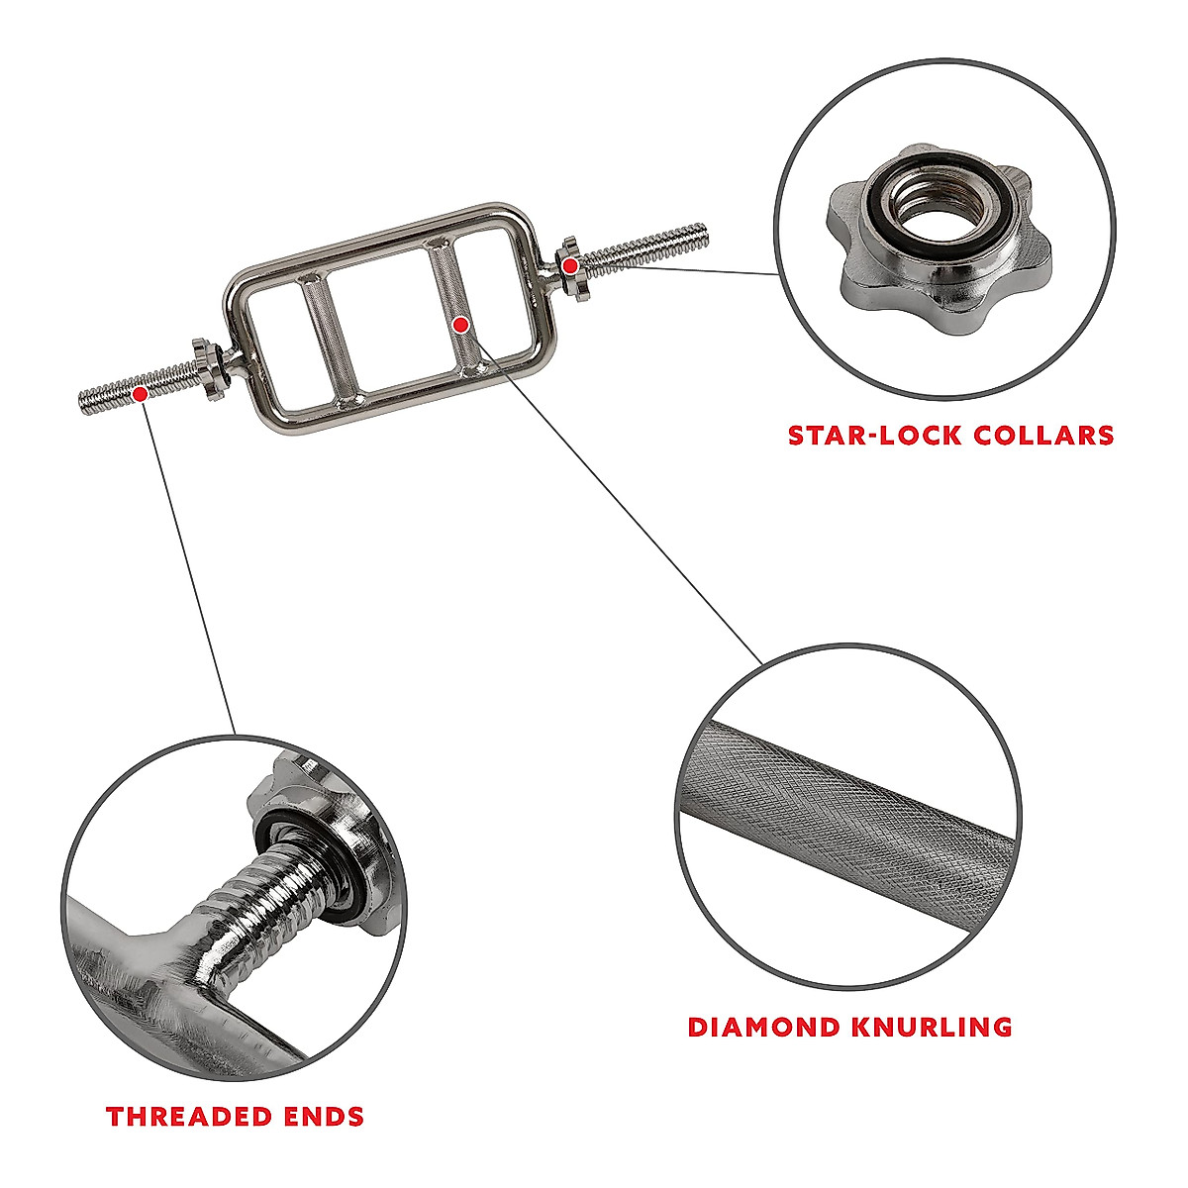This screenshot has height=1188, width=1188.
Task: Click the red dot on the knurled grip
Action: tap(460, 324)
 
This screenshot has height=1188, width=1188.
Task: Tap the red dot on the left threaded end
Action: tap(141, 393)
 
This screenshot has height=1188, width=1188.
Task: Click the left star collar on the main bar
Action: tap(207, 365)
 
